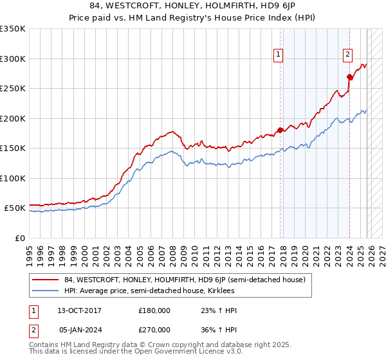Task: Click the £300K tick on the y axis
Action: [x=12, y=59]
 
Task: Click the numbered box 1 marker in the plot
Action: [x=279, y=55]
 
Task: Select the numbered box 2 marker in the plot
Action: [x=347, y=55]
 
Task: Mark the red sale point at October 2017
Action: [x=280, y=130]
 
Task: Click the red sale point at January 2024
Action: [x=349, y=76]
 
